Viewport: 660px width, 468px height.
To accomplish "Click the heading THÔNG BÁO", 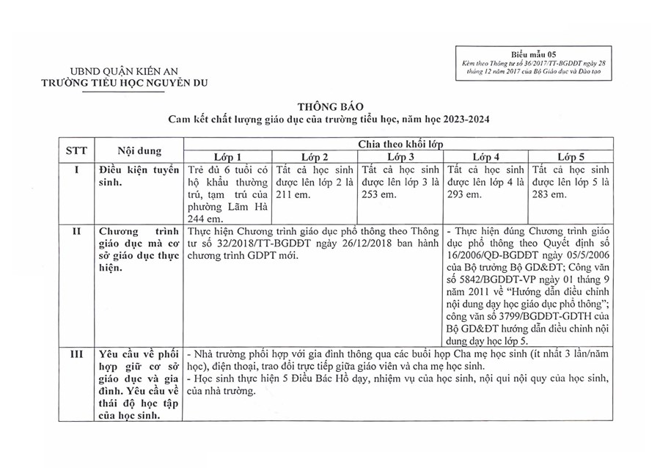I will click(x=329, y=106).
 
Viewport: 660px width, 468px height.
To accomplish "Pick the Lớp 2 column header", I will click(x=315, y=157).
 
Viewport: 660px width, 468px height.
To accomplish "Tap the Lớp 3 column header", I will click(x=401, y=157).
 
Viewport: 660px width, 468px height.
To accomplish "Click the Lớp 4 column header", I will click(x=486, y=157).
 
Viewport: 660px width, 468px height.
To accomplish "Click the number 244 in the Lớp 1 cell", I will click(x=197, y=218).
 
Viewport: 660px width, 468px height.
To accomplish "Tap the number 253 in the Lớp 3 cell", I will click(x=372, y=194).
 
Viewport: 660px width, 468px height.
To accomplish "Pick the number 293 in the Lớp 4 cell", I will click(x=456, y=194).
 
